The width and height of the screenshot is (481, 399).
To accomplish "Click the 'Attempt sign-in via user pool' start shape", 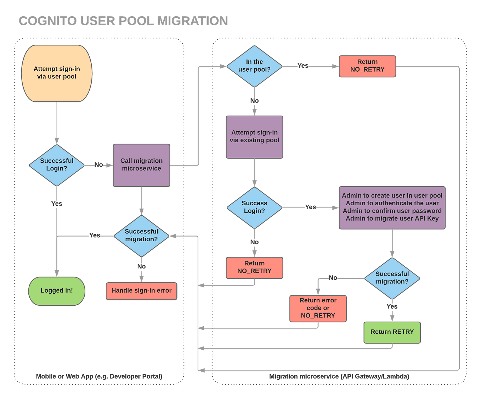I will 57,73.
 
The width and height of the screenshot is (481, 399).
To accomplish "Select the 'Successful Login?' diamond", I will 57,165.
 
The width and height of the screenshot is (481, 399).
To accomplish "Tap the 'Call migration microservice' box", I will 141,165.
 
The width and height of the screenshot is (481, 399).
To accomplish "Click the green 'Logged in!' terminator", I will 57,290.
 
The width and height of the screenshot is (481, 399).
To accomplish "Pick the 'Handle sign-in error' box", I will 141,290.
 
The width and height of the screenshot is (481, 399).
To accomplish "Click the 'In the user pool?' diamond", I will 254,66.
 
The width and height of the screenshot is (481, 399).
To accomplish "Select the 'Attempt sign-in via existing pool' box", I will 254,137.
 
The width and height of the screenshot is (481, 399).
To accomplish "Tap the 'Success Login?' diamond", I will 254,207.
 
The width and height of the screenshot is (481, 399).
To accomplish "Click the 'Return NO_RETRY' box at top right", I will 367,66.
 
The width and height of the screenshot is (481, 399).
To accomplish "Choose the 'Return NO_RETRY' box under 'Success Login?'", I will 254,267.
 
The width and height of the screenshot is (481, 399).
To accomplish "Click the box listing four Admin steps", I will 392,207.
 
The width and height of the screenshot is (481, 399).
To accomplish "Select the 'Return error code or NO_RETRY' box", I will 318,308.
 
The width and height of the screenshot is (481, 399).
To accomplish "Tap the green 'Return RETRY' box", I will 392,332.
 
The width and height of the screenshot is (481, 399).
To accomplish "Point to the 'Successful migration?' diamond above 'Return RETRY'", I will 392,278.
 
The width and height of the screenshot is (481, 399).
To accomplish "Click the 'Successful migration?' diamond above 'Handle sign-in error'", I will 141,235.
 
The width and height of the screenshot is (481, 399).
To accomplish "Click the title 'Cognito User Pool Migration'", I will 123,21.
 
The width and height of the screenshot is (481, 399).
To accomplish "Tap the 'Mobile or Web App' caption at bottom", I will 99,376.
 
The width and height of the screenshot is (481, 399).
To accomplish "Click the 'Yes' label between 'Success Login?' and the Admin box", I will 310,207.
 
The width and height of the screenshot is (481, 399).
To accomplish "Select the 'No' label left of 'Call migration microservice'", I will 98,164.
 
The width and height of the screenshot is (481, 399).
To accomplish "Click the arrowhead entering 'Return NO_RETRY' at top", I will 335,66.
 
